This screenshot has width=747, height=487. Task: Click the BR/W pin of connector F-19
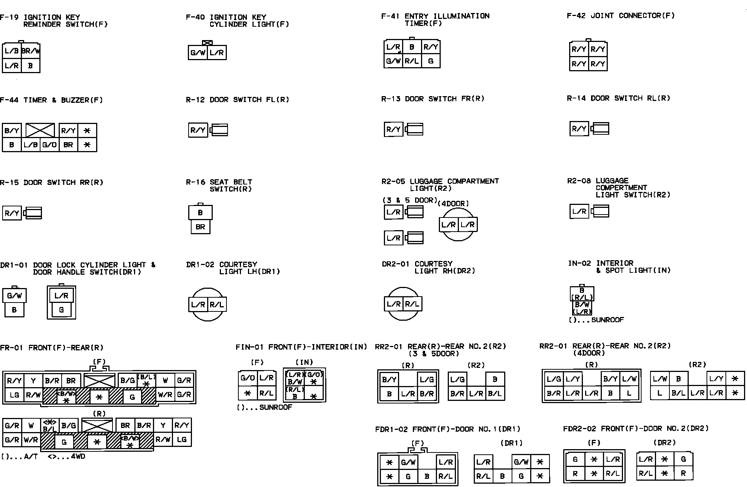pyautogui.click(x=31, y=51)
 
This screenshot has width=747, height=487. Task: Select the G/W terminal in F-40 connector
pyautogui.click(x=198, y=53)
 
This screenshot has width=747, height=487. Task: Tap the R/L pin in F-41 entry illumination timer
pyautogui.click(x=412, y=61)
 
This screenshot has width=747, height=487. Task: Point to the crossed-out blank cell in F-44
pyautogui.click(x=40, y=130)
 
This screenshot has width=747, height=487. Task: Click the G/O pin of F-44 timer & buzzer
pyautogui.click(x=49, y=145)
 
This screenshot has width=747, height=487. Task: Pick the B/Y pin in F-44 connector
pyautogui.click(x=12, y=131)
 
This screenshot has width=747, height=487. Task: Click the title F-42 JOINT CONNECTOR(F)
pyautogui.click(x=620, y=16)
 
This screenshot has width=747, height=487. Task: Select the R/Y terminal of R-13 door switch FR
pyautogui.click(x=393, y=130)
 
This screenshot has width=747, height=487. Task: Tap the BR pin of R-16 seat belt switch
pyautogui.click(x=200, y=227)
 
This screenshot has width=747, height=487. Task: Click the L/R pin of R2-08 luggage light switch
pyautogui.click(x=579, y=212)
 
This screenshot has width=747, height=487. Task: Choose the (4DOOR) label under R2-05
pyautogui.click(x=453, y=204)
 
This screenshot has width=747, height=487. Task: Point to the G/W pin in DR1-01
pyautogui.click(x=14, y=296)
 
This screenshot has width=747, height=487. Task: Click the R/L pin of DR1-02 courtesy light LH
pyautogui.click(x=217, y=305)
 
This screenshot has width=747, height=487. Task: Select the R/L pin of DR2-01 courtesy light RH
pyautogui.click(x=412, y=304)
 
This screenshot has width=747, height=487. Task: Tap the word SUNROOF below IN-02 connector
pyautogui.click(x=607, y=320)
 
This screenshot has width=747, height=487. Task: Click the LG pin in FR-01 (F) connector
pyautogui.click(x=14, y=395)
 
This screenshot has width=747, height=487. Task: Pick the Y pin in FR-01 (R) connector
pyautogui.click(x=163, y=425)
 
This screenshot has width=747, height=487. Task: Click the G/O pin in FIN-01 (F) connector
pyautogui.click(x=248, y=378)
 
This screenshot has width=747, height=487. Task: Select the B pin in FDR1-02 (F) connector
pyautogui.click(x=427, y=476)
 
